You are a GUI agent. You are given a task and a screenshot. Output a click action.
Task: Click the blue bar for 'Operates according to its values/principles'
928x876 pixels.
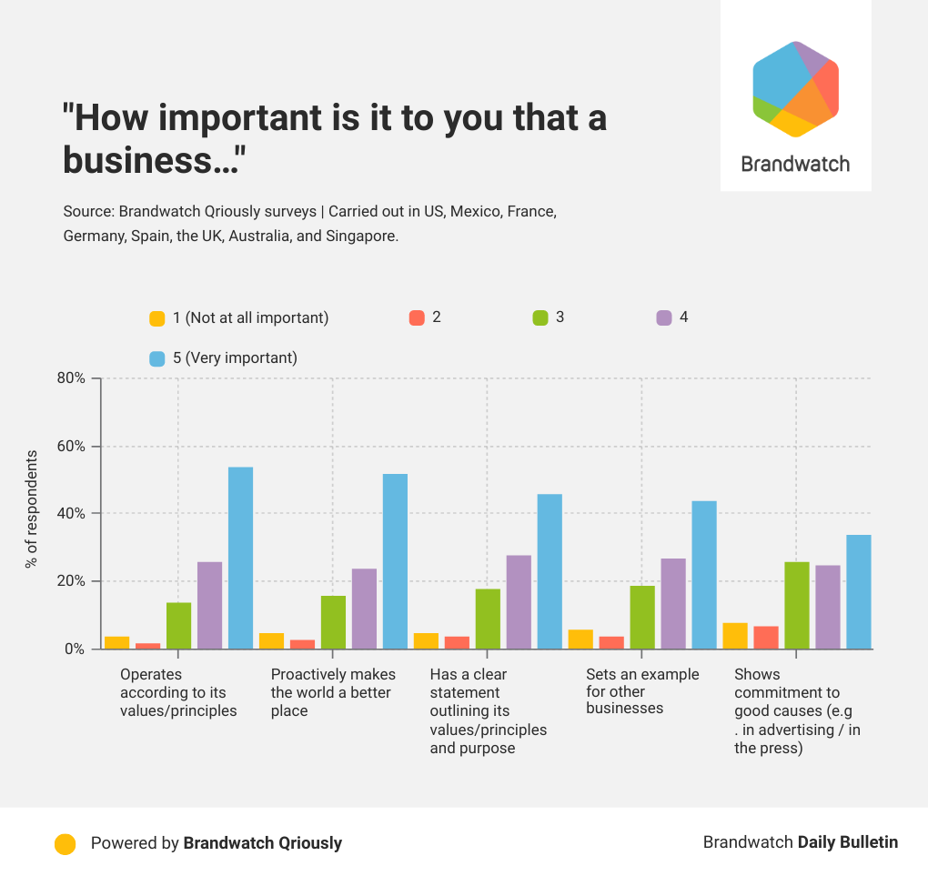tap(240, 558)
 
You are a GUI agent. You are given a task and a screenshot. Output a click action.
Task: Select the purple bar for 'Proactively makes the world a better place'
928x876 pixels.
tap(364, 609)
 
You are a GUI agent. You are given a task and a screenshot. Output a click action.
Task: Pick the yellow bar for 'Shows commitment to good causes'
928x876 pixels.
tap(735, 636)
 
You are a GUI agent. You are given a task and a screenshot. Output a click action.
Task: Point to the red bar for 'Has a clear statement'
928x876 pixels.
tap(457, 642)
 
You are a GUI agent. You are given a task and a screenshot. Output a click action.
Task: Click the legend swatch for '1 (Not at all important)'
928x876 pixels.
tap(157, 318)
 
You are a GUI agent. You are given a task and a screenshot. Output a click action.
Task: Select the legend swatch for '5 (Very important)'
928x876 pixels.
tap(157, 358)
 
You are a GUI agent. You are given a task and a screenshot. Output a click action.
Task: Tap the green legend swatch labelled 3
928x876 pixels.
tap(540, 318)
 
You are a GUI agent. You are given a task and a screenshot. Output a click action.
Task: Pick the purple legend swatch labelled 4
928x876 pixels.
tap(664, 318)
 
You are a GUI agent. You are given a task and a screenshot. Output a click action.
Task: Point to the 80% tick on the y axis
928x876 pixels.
tap(73, 378)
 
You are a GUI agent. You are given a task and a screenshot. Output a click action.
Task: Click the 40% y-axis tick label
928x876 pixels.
tap(73, 514)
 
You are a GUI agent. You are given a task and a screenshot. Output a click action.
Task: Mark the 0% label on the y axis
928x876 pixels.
tap(76, 649)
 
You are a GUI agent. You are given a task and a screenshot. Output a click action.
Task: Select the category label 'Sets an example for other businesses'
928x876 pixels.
tap(642, 691)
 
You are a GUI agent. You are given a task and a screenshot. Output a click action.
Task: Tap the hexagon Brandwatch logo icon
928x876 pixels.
tap(795, 89)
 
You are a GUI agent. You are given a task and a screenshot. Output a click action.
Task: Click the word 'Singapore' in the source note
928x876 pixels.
tap(366, 236)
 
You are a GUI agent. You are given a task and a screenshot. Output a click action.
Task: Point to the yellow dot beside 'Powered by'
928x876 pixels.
tap(65, 843)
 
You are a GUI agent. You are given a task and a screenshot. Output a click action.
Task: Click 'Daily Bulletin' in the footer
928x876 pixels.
tap(847, 842)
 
